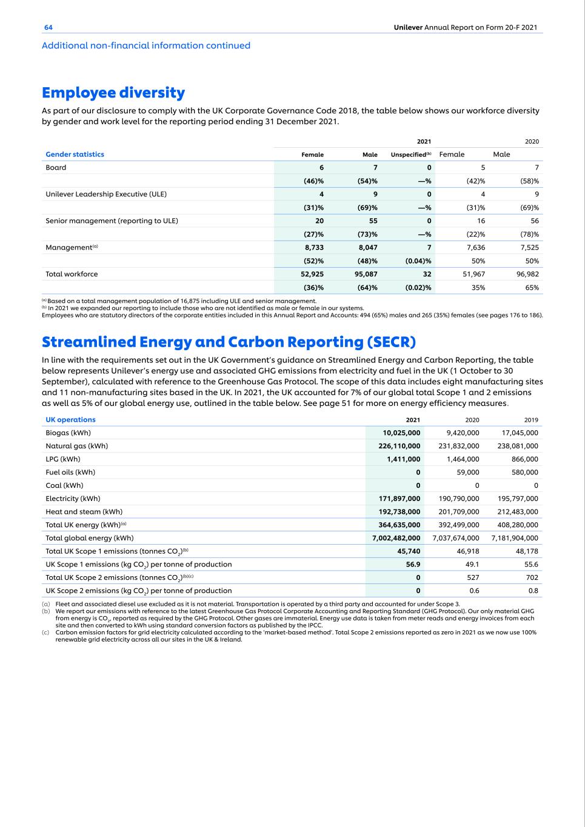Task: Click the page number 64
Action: coord(48,27)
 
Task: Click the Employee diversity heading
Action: coord(113,93)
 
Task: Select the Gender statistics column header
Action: coord(75,154)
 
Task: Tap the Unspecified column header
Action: coord(410,154)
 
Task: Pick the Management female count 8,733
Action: coord(313,247)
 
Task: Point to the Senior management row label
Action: coord(112,221)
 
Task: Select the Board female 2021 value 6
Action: coord(321,168)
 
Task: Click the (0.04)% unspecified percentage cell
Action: coord(418,261)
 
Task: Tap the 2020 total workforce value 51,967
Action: coord(472,274)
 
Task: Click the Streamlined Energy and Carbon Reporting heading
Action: coord(229,342)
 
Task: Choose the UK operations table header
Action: coord(70,420)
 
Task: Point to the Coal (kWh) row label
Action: coord(64,485)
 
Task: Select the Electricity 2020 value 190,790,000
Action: coord(458,499)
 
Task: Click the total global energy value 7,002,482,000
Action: coord(396,538)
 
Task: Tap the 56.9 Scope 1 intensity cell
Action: coord(413,564)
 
